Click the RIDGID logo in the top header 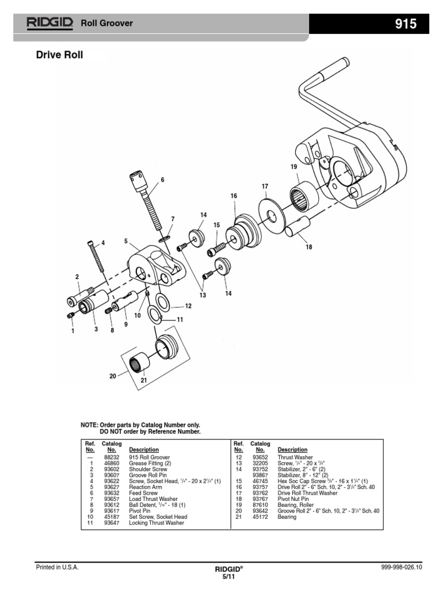coord(49,23)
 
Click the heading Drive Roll coord(60,56)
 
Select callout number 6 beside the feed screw coord(162,180)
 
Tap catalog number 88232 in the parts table coord(111,457)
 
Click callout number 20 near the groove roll coord(113,376)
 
